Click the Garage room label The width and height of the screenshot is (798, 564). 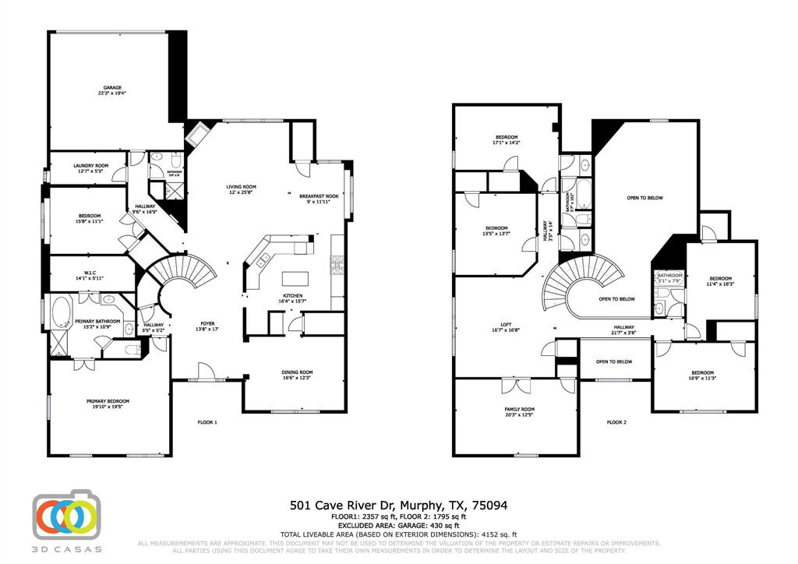(x=112, y=90)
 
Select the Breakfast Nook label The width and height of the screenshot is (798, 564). (x=320, y=199)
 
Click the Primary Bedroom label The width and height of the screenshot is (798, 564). (x=108, y=404)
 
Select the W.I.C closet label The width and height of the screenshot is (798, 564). (x=90, y=274)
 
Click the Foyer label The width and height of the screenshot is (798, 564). (x=207, y=326)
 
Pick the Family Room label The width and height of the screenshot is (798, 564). (x=518, y=412)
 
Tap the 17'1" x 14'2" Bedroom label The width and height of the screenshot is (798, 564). (x=505, y=140)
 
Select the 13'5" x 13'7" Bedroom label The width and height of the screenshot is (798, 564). (x=496, y=231)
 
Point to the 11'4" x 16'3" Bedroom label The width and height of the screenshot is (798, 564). (x=720, y=281)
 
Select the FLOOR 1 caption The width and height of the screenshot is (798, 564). (x=207, y=422)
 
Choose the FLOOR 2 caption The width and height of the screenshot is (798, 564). (x=616, y=422)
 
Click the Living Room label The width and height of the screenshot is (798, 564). (x=242, y=190)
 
